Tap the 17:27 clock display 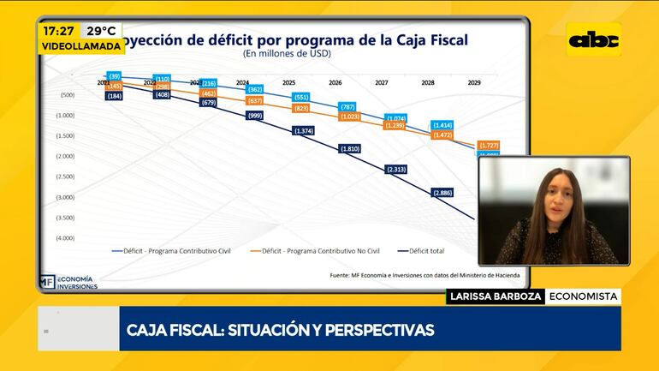tap(58, 30)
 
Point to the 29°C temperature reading tap(100, 30)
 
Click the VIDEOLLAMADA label tap(80, 46)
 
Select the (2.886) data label tap(443, 193)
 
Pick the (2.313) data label tap(396, 170)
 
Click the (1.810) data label tap(349, 148)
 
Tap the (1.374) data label tap(304, 130)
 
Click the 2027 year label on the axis tap(382, 84)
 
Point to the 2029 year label tap(474, 84)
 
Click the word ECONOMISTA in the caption tap(583, 296)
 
